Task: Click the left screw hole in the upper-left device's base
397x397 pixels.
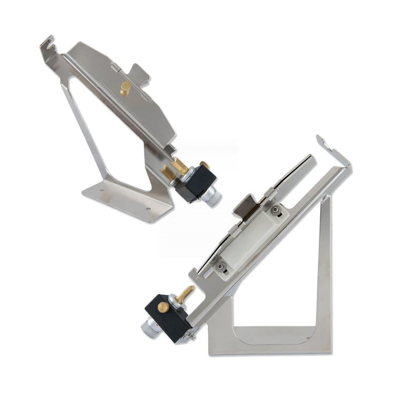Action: click(102, 190)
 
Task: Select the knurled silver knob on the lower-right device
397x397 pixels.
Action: click(148, 326)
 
